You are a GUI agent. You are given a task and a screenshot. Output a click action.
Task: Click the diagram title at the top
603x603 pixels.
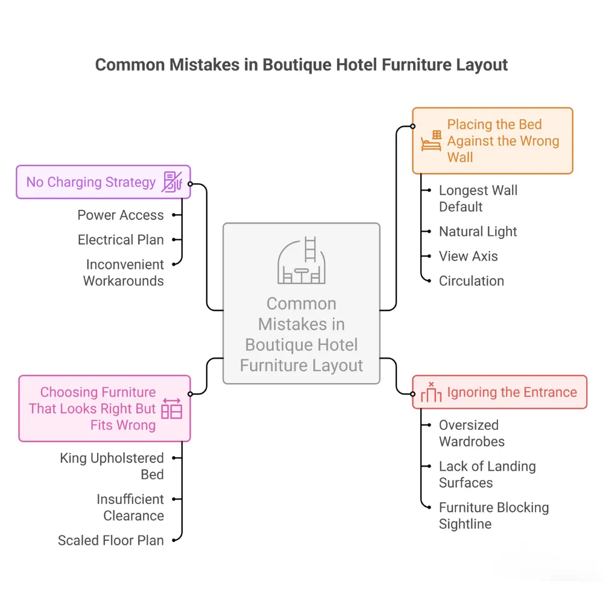click(301, 65)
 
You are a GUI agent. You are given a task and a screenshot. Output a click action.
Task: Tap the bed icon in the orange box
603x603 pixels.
click(431, 141)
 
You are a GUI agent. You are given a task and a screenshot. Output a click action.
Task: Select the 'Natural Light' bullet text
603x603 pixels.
click(478, 232)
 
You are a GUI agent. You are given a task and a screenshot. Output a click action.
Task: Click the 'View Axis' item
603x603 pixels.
click(468, 256)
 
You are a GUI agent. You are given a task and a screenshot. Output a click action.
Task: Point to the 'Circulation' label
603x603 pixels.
click(471, 281)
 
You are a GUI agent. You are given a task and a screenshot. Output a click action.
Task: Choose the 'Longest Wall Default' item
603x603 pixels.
click(478, 198)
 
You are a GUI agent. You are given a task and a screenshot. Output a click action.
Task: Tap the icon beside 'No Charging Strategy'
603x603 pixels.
click(172, 182)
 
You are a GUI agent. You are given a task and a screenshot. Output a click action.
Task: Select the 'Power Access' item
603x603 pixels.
click(121, 215)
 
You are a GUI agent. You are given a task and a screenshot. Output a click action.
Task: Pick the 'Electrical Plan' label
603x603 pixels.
click(121, 240)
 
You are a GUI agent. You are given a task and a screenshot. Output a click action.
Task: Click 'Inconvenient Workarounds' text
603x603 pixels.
click(124, 273)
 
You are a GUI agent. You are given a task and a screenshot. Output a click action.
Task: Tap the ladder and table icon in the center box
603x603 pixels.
click(301, 260)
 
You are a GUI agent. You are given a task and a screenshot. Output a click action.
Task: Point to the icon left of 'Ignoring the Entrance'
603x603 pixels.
click(431, 392)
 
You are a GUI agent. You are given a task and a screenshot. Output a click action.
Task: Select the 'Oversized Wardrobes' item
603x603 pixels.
click(472, 433)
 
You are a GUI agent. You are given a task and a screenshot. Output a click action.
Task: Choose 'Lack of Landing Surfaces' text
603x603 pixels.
click(487, 475)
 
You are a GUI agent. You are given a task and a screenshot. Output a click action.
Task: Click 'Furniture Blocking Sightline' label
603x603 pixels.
click(493, 516)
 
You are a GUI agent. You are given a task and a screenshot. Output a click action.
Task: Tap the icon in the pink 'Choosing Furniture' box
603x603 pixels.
click(172, 409)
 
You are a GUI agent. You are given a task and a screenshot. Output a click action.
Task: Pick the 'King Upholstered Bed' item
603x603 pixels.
click(112, 466)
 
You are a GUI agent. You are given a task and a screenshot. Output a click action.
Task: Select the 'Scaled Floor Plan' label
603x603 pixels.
click(111, 540)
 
